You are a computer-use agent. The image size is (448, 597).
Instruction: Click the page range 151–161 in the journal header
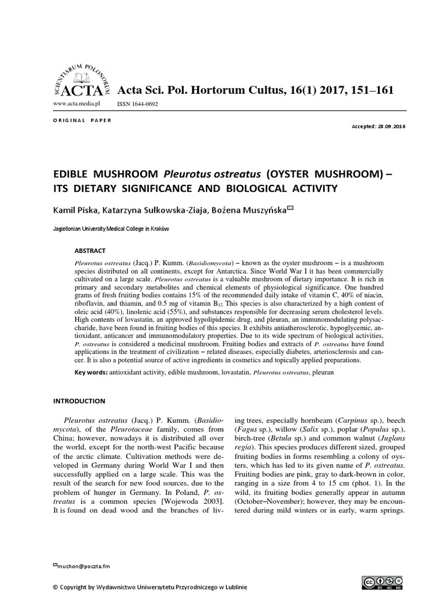coord(363,90)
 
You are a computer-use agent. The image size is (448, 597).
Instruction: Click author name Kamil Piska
coord(78,209)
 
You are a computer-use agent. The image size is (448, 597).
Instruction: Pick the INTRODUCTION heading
coord(79,401)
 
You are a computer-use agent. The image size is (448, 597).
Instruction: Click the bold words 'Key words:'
coord(90,371)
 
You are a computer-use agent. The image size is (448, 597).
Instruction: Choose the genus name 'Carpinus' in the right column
coord(355,420)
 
